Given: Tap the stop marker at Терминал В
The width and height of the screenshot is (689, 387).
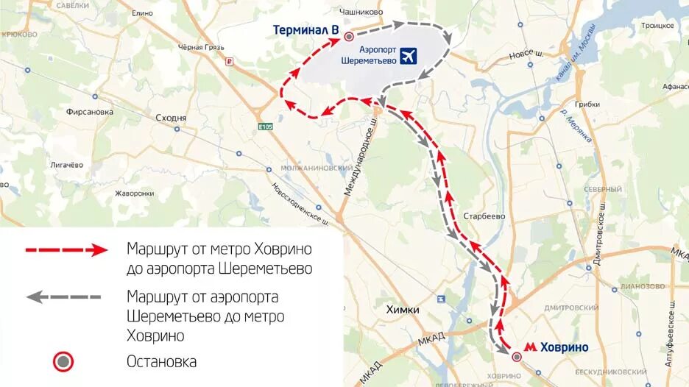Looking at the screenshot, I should tap(350, 35).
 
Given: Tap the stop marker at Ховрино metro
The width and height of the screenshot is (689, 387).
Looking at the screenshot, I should tap(517, 356).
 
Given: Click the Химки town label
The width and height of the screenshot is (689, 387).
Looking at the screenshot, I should tap(403, 310).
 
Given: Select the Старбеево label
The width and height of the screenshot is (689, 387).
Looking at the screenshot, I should tap(484, 216).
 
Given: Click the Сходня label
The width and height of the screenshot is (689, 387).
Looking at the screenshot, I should tap(172, 118).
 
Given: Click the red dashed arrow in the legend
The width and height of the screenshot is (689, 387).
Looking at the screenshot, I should tap(67, 250).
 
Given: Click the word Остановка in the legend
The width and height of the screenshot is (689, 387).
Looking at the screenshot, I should tap(163, 362).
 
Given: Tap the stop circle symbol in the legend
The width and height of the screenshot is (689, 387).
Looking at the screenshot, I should tap(63, 361).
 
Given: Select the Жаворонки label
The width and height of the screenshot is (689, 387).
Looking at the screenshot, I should tap(133, 194).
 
